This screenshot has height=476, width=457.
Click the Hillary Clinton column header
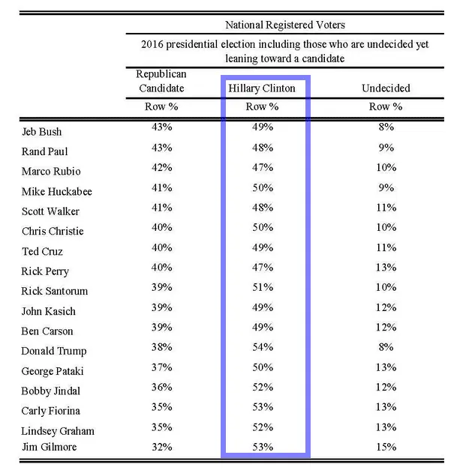click(261, 88)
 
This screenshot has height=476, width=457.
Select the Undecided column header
click(386, 88)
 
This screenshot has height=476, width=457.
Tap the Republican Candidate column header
click(161, 81)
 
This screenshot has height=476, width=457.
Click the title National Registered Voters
click(284, 25)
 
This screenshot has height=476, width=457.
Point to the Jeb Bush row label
click(42, 132)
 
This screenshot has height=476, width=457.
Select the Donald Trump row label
click(54, 351)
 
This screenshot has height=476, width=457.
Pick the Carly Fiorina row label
click(51, 411)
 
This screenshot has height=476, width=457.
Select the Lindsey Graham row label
click(58, 431)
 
